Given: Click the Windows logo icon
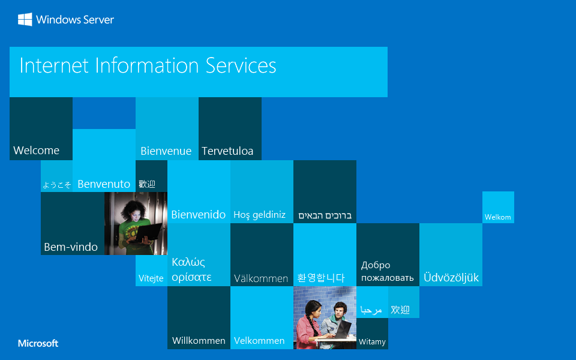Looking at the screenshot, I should [25, 20].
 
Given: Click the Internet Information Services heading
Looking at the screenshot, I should [148, 65].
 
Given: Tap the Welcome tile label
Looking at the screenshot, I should [37, 151].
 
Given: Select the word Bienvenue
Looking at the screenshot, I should [166, 151].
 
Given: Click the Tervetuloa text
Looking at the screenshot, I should [227, 151].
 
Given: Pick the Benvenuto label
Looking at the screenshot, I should [104, 184].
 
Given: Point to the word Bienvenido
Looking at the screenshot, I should [199, 214].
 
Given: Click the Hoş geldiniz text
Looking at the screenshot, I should [260, 215].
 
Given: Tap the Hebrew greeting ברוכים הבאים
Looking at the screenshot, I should [325, 215].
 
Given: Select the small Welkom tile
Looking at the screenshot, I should [498, 217].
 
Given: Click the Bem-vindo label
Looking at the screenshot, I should [71, 247].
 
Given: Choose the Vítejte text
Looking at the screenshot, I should [151, 278].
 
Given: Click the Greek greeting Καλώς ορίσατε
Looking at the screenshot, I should [191, 269].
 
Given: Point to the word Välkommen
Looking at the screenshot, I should [261, 278].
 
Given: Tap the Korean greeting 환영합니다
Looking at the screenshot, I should [321, 278].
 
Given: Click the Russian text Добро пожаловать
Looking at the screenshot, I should [387, 271].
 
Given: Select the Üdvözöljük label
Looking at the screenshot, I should [451, 278].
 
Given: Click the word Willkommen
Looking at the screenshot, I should [199, 341].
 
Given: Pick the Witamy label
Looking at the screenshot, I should [372, 342].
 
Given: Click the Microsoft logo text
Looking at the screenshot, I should [38, 344].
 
